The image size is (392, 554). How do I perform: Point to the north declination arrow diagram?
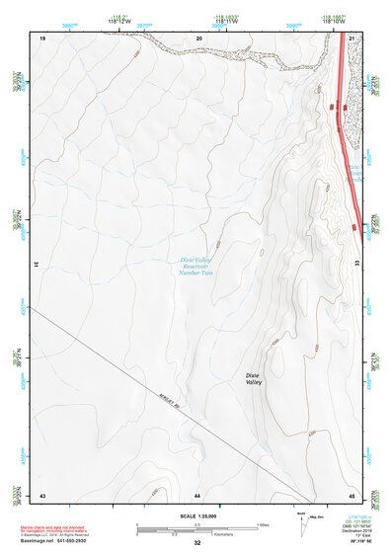(x=302, y=523)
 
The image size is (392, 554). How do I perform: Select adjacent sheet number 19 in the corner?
(x=42, y=37)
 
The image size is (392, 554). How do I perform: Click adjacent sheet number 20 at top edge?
(x=198, y=37)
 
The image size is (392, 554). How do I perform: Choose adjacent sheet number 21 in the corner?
(x=353, y=37)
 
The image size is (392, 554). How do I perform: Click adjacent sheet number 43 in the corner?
(x=42, y=494)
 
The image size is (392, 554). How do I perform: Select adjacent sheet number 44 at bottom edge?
(x=197, y=494)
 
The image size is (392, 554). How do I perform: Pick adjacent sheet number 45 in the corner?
(x=353, y=494)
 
